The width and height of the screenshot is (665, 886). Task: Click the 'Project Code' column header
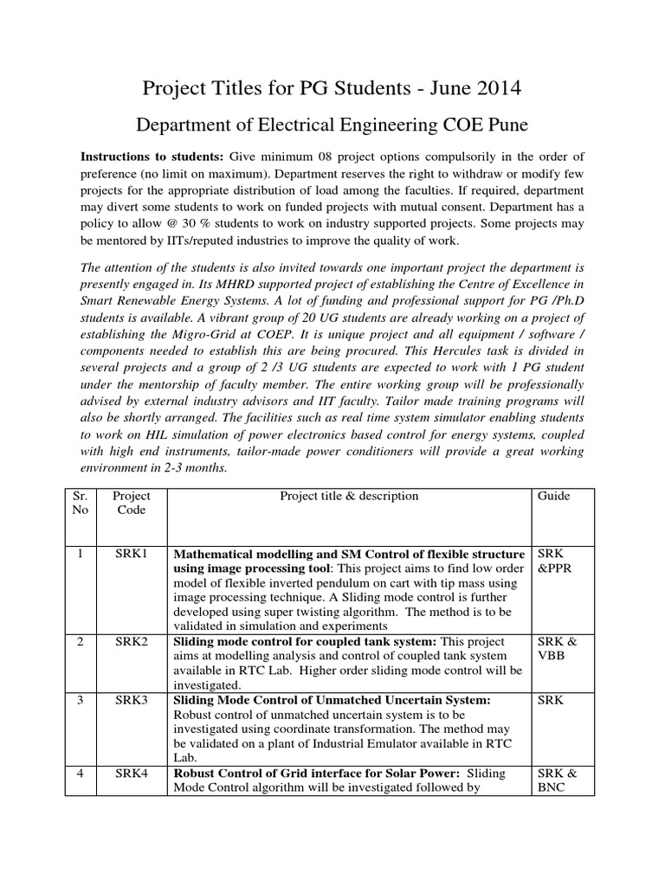pos(132,503)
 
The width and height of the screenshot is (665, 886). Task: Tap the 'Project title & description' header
pos(349,496)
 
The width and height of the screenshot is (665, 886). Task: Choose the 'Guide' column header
pos(553,496)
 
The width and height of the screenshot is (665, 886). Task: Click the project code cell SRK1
pos(132,554)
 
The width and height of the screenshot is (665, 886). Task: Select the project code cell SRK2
pos(132,642)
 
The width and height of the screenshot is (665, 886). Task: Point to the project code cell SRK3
pos(132,699)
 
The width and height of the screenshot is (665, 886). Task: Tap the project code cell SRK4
pos(132,773)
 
